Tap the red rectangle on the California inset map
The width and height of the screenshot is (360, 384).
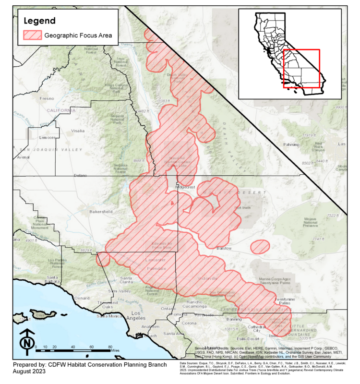click(x=301, y=68)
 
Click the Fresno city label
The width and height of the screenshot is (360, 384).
click(x=47, y=98)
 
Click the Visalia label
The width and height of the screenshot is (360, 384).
click(x=77, y=130)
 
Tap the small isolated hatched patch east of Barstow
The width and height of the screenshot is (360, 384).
click(x=260, y=247)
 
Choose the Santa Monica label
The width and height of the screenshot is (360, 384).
click(x=110, y=316)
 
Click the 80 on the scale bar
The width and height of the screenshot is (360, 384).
click(x=110, y=346)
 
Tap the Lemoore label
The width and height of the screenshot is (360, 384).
click(x=47, y=137)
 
